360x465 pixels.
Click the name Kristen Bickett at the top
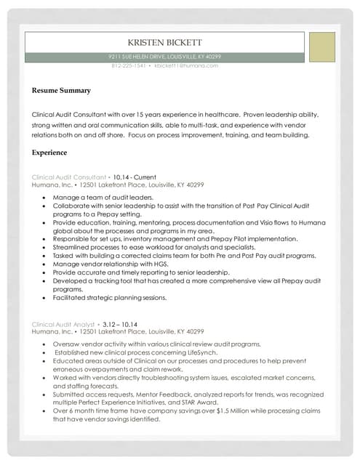(x=164, y=43)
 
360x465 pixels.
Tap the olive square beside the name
(x=321, y=47)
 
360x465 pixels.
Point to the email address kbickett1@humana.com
(x=186, y=65)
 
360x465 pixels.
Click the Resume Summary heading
(x=61, y=91)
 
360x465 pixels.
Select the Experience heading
(x=49, y=153)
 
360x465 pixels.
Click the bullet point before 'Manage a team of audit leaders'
(x=47, y=198)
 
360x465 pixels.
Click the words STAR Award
(x=201, y=402)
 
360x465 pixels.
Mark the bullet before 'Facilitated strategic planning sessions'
(x=47, y=297)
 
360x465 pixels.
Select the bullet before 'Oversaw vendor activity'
(x=47, y=344)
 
